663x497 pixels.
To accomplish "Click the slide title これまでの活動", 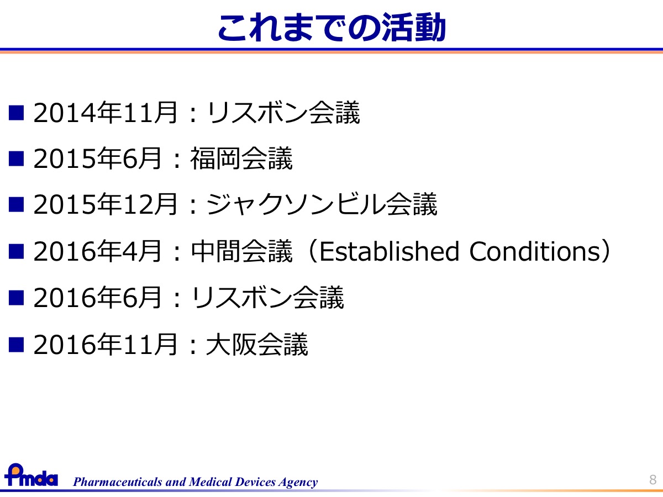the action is point(331,27).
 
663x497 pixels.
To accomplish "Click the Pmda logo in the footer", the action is point(31,475).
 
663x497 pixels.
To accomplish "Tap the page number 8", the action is point(653,480).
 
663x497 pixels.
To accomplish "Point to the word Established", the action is point(389,251).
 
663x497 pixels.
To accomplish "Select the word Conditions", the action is point(535,251).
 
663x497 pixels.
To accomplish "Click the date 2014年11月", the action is point(105,113).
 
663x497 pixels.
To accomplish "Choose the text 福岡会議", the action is point(241,158).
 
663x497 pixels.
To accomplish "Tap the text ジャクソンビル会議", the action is point(322,204).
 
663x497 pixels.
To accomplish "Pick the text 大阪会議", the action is point(257,344).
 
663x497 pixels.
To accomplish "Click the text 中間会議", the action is point(241,251).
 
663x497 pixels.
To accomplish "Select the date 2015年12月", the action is point(105,204).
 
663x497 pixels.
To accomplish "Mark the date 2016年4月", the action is point(97,251).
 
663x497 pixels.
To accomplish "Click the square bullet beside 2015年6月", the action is point(17,158).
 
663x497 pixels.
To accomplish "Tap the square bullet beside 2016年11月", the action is point(17,345).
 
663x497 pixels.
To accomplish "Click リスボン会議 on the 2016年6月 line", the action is point(267,298).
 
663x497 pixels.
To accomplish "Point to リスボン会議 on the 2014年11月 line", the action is point(283,113).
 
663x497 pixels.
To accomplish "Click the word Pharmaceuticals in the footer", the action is point(118,482).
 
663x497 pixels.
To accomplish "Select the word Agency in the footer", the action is point(298,482).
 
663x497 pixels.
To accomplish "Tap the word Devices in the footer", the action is point(255,482).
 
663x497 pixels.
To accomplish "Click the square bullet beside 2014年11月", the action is point(17,113).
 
